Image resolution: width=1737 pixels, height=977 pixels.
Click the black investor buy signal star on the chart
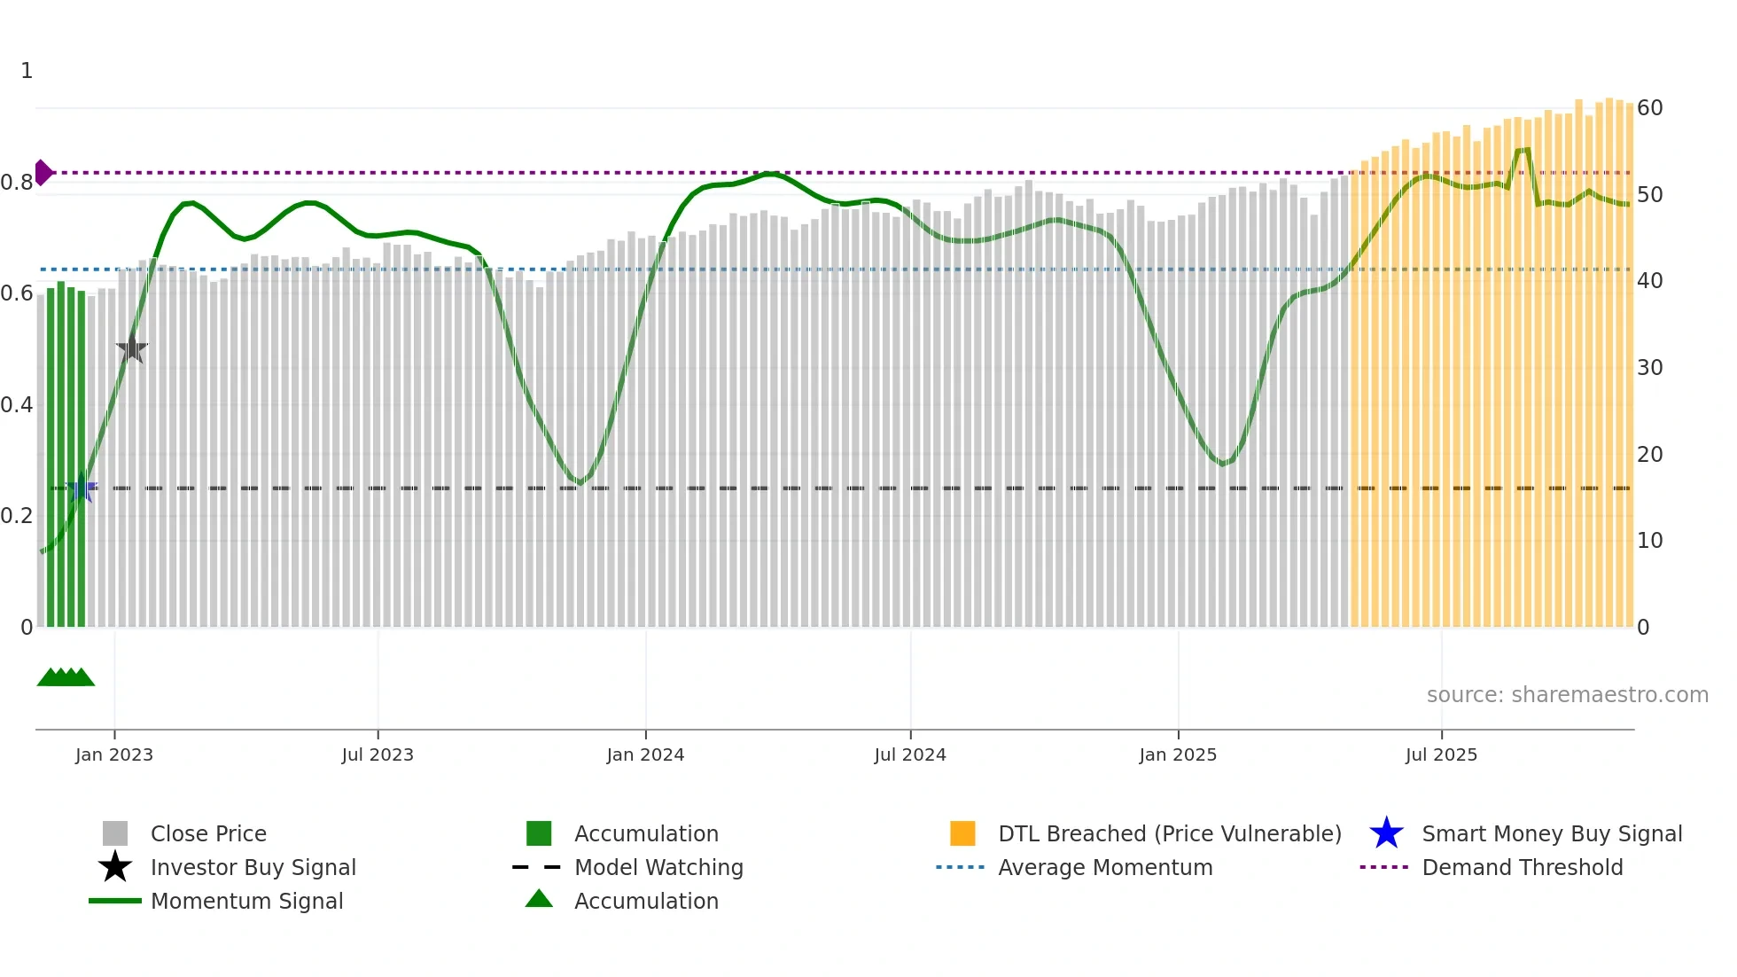132,348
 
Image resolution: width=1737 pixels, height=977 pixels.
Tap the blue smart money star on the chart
82,488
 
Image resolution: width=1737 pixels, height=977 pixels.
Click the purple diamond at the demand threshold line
43,173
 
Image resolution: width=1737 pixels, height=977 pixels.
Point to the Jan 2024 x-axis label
645,754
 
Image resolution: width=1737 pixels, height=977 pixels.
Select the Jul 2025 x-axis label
1441,754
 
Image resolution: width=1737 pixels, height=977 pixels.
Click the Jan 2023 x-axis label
114,754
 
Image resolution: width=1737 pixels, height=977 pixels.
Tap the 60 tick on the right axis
1649,108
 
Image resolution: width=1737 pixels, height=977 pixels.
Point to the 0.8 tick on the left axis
17,183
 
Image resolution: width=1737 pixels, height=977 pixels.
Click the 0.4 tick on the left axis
17,405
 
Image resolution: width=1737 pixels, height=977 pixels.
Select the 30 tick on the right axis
1649,368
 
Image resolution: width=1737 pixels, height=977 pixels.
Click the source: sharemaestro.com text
1567,695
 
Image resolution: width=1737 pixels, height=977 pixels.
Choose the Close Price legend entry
208,833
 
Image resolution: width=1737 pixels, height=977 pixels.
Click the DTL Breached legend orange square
962,833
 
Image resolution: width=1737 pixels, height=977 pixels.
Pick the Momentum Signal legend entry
246,901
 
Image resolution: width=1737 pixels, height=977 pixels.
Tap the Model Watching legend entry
658,867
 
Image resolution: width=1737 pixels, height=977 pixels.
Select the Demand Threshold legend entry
1522,867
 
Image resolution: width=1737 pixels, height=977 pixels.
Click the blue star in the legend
1386,833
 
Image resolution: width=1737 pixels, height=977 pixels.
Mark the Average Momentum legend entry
1104,867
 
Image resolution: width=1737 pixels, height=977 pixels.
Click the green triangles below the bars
66,677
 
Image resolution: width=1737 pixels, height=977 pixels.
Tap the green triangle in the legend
539,899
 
